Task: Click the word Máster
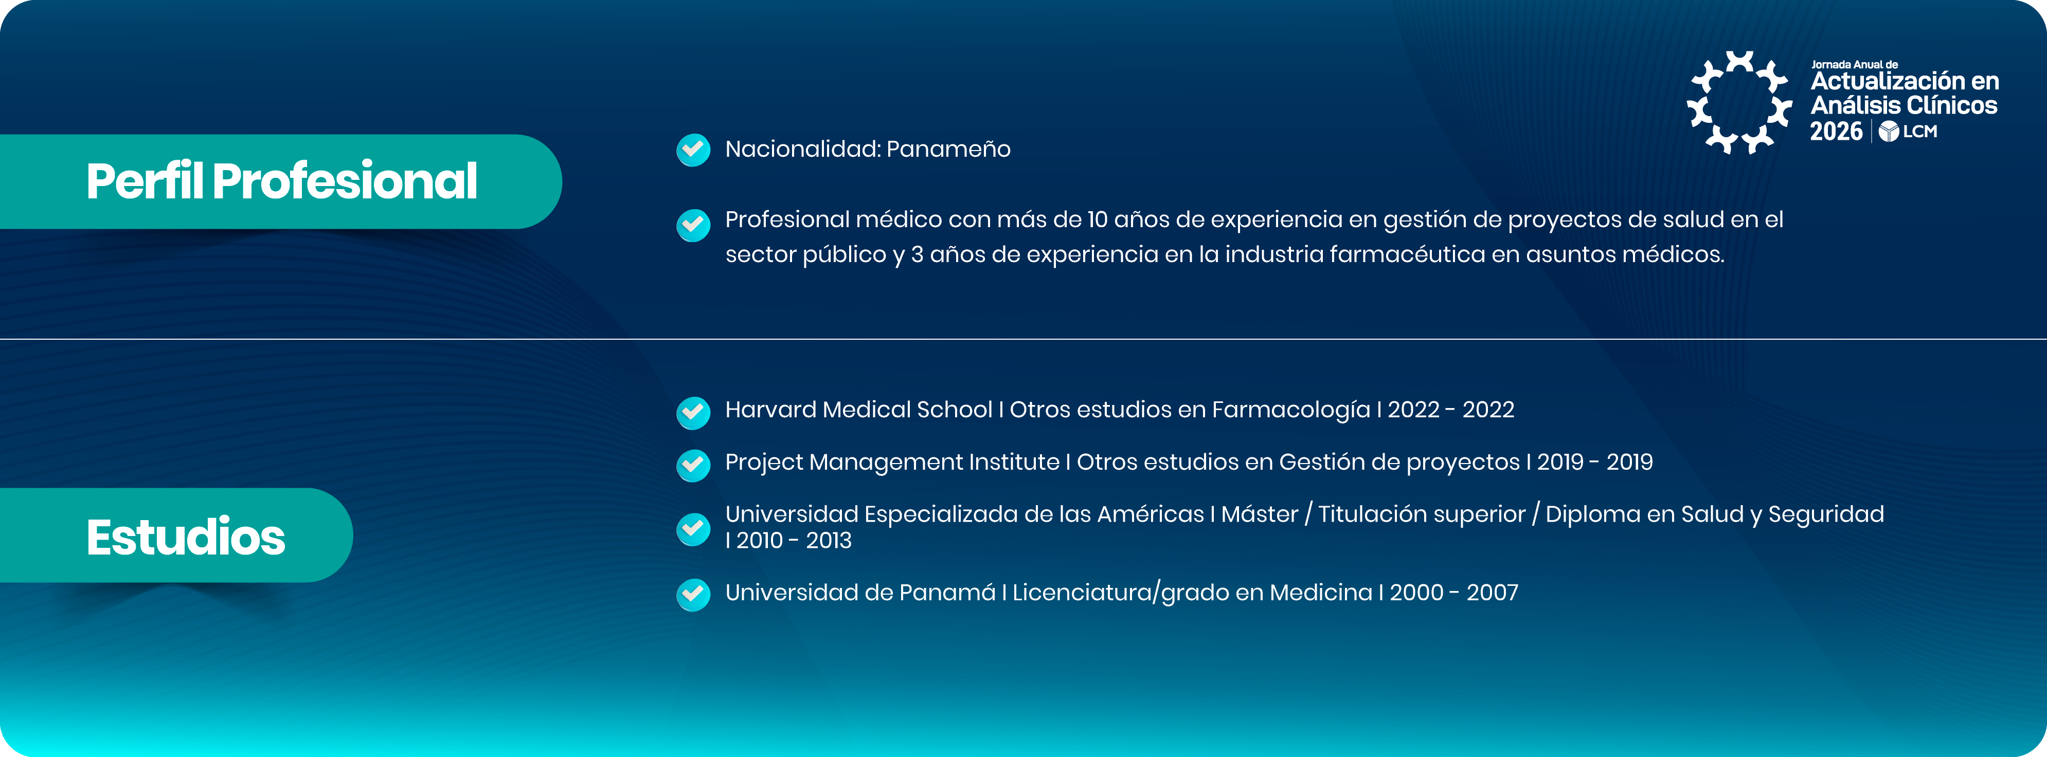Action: [x=1260, y=515]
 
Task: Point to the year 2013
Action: [x=829, y=541]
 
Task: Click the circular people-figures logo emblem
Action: [x=1739, y=102]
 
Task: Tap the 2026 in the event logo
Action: [x=1836, y=131]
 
